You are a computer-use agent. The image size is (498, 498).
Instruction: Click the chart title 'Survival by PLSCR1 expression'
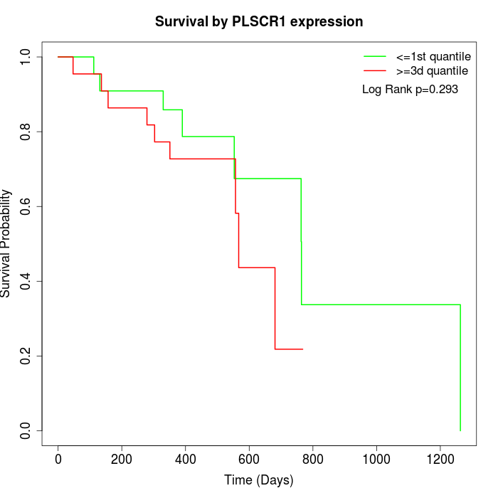259,21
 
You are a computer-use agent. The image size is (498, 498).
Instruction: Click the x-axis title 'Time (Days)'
259,480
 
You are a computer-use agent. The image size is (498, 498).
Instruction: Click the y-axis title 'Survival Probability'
6,243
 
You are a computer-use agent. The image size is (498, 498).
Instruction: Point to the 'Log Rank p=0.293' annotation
410,90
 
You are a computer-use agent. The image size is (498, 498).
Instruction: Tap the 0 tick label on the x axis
58,458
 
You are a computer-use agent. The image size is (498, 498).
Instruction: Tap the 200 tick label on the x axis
122,458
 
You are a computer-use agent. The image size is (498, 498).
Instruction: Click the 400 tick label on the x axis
185,458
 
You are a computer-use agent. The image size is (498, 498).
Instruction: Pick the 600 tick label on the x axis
249,458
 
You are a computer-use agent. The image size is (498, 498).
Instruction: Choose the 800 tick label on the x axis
312,458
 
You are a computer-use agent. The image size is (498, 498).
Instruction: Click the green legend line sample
375,55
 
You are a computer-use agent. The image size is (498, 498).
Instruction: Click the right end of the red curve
302,349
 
